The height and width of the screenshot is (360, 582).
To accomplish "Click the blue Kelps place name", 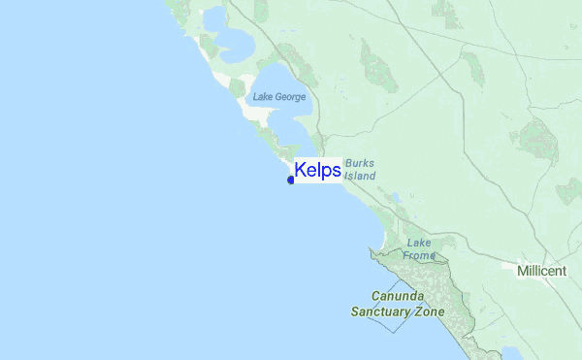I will (317, 171).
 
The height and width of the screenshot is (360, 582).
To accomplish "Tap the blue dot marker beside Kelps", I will (291, 180).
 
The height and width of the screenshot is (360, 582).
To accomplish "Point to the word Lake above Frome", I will (419, 243).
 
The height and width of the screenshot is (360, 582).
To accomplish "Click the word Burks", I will (359, 164).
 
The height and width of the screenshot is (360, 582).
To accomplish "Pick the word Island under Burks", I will (360, 177).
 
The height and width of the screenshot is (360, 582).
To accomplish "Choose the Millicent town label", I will (541, 271).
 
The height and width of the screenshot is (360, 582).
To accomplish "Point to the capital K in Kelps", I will (301, 171).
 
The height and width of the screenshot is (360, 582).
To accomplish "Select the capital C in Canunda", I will (376, 297).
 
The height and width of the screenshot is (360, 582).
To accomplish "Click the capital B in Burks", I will (347, 164).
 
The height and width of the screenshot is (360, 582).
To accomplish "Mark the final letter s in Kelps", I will (336, 172).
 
